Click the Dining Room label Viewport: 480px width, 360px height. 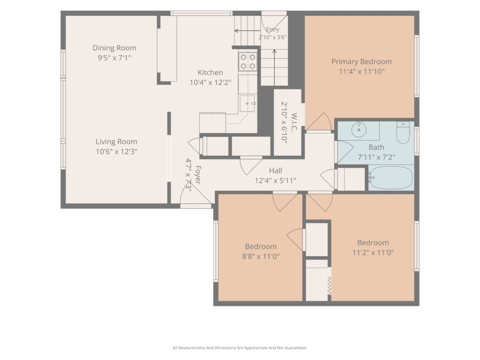point(114,48)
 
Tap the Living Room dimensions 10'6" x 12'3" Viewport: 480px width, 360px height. point(116,151)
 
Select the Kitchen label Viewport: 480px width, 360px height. point(210,73)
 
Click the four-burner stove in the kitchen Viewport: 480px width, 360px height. point(247,61)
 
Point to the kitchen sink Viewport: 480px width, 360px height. point(247,104)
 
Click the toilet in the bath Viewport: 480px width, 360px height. point(403,133)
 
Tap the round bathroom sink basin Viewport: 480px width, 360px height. point(359,130)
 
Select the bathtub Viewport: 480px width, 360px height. point(390,178)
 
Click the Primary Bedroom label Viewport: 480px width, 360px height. point(361,61)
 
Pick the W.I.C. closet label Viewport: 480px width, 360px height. point(294,122)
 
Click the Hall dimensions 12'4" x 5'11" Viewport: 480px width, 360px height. point(276,180)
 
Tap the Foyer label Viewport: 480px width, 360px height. point(198,175)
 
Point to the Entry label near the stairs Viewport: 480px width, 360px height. point(272,30)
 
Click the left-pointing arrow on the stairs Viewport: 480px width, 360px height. point(247,30)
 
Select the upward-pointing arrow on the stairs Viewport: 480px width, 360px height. point(274,67)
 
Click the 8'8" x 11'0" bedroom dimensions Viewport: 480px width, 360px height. point(261,256)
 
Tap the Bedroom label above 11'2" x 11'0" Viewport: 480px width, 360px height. point(373,243)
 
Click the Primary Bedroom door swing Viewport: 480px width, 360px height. point(319,122)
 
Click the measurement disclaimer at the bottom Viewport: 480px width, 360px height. point(240,348)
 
